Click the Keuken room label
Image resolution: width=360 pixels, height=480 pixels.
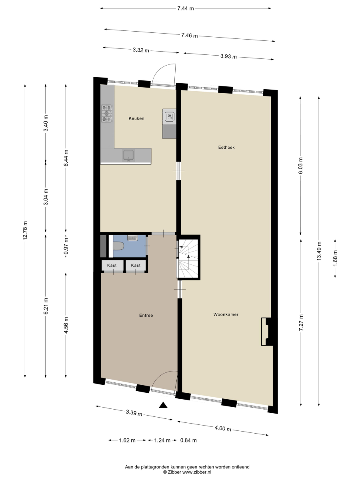pos(136,118)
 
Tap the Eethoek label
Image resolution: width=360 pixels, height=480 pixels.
pos(226,147)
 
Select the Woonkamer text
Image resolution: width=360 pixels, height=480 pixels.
pos(226,314)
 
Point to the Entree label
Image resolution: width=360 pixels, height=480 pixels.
pos(146,315)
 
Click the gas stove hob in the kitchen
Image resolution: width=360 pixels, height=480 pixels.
pos(107,113)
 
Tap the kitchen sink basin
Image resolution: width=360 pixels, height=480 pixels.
pos(128,155)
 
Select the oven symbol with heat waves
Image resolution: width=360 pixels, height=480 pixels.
pos(169,116)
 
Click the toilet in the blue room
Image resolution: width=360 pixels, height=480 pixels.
pos(118,246)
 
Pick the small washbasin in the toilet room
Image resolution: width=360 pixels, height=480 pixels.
pos(132,238)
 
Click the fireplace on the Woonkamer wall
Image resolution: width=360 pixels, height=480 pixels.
pos(267,332)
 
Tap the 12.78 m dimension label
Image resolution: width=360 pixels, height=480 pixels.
pos(25,230)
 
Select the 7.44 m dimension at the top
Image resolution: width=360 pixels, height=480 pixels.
pos(185,8)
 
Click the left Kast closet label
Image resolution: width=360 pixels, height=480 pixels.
pos(112,265)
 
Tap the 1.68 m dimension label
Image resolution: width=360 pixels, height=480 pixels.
pos(335,258)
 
